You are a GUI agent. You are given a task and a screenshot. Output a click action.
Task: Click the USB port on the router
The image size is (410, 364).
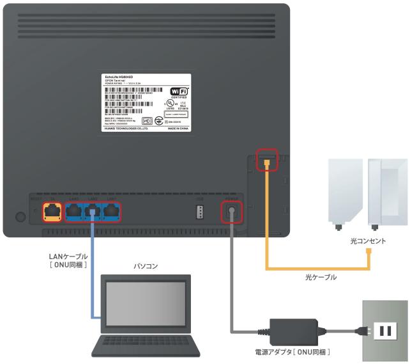[198, 212]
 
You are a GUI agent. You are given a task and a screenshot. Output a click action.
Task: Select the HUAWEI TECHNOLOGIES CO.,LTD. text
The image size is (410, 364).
[126, 128]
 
